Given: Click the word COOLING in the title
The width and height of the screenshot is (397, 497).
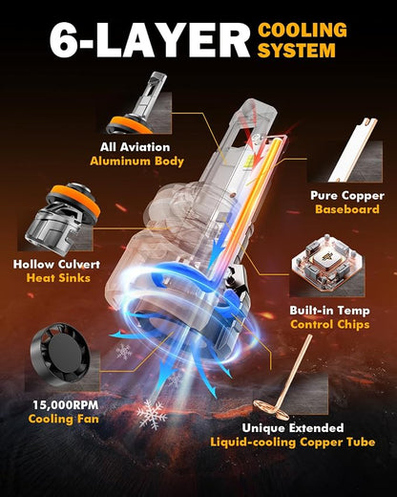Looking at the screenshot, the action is tap(303, 31).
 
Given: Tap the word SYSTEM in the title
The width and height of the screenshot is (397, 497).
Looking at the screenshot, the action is tap(297, 50).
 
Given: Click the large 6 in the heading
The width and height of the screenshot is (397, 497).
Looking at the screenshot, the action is tap(64, 40).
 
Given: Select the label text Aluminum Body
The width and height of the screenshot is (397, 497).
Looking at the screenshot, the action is tap(137, 162).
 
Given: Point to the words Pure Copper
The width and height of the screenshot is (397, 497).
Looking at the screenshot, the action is tap(347, 196).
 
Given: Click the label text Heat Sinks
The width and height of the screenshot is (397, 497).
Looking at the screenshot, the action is tap(58, 278).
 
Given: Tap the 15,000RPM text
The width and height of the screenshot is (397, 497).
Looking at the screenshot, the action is tap(66, 405).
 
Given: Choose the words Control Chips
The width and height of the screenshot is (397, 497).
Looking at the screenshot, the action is tap(330, 324).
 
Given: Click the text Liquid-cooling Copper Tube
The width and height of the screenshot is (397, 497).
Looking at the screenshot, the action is tap(293, 442).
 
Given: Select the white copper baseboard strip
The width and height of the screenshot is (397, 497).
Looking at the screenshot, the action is tap(353, 149).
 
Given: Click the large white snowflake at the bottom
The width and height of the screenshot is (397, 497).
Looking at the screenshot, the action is tap(152, 414).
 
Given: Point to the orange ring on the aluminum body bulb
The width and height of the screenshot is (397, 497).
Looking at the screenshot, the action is tap(130, 125).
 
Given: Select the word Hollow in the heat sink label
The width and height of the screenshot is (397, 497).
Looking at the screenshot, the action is tap(33, 264).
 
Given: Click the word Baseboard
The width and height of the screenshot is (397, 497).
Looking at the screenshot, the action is tap(347, 209).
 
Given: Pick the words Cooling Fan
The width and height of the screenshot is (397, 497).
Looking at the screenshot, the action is tap(64, 419).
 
